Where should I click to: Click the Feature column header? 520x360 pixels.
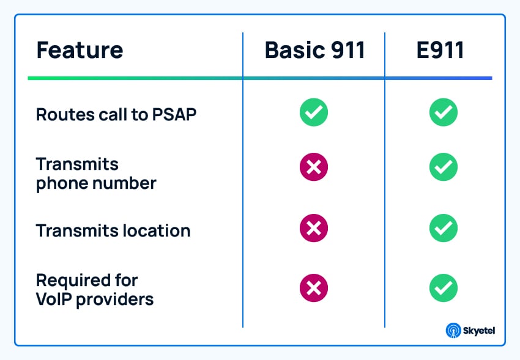click(x=80, y=50)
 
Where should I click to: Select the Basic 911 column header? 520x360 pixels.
click(x=314, y=50)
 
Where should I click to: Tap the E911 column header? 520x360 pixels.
click(x=440, y=50)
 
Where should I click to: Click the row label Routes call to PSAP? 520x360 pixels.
click(x=116, y=114)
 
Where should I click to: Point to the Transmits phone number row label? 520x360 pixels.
click(x=96, y=174)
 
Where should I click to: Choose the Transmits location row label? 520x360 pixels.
click(x=113, y=231)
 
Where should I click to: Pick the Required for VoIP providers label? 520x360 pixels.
click(x=95, y=290)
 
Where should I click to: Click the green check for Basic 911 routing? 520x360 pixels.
click(x=314, y=112)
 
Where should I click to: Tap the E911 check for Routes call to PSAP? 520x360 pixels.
click(x=444, y=112)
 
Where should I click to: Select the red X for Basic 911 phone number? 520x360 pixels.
click(x=314, y=167)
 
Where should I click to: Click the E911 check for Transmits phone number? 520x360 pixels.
click(x=444, y=167)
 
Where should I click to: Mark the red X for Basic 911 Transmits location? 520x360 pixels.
click(x=314, y=229)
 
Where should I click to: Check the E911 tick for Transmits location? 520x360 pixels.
click(x=444, y=229)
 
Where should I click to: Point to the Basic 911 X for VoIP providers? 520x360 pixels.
click(x=314, y=288)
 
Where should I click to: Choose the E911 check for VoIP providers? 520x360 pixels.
click(x=444, y=288)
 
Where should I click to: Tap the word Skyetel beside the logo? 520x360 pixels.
click(x=480, y=331)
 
